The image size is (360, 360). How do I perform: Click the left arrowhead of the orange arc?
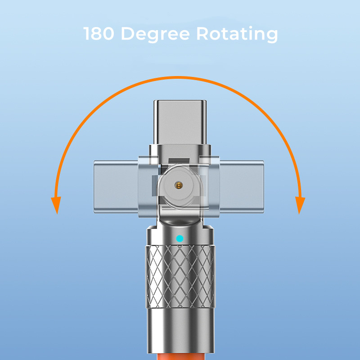[56, 205]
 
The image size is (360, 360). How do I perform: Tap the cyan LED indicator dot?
[180, 238]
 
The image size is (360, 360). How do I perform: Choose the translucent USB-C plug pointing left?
[115, 184]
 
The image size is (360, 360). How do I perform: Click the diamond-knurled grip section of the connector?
[180, 274]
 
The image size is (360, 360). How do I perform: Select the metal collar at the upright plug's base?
[180, 150]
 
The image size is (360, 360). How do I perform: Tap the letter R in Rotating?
[200, 34]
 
